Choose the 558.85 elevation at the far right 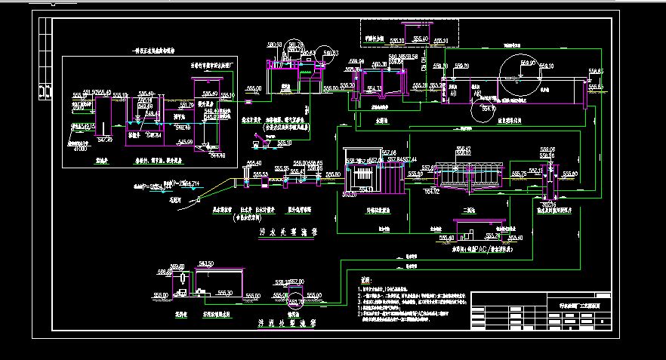(596, 71)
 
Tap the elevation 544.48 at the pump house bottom (217, 155)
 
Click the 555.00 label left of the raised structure (254, 88)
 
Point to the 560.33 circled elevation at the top (330, 52)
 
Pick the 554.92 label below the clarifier (431, 191)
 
